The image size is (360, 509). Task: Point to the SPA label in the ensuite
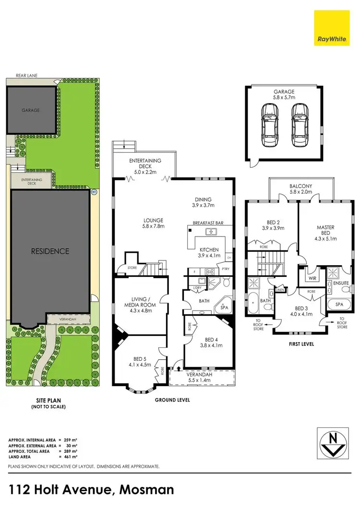tap(339, 305)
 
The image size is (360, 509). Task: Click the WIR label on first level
tap(312, 278)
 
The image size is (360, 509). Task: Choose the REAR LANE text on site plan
tap(26, 75)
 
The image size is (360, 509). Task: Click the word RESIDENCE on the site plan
tap(50, 251)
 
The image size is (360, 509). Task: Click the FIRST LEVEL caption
tap(300, 344)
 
